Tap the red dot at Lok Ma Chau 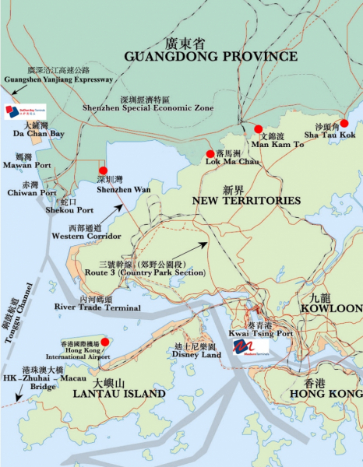click(210, 154)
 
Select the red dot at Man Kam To click(258, 129)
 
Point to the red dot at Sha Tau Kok click(344, 123)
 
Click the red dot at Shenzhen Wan click(102, 170)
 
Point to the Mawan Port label click(28, 166)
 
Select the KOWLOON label click(337, 309)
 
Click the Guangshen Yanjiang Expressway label click(58, 79)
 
